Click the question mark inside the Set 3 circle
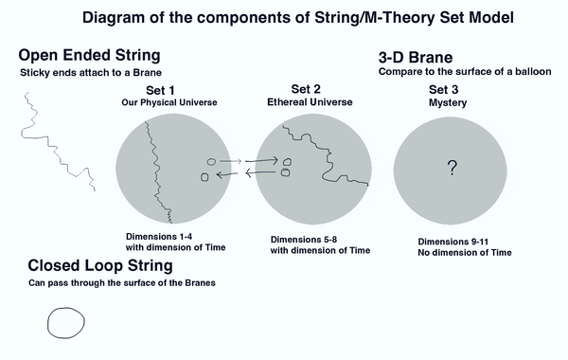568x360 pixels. pyautogui.click(x=453, y=168)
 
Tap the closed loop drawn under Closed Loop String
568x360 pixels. pyautogui.click(x=48, y=323)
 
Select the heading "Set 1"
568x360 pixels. pyautogui.click(x=160, y=90)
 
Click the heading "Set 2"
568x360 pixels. pyautogui.click(x=306, y=89)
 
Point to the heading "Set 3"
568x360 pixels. pyautogui.click(x=443, y=90)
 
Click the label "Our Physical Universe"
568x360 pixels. pyautogui.click(x=169, y=102)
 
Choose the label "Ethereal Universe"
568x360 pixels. pyautogui.click(x=310, y=102)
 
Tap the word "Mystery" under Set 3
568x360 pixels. pyautogui.click(x=448, y=103)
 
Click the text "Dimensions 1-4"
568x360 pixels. pyautogui.click(x=159, y=237)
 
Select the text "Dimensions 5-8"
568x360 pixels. pyautogui.click(x=304, y=240)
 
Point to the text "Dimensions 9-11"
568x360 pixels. pyautogui.click(x=453, y=242)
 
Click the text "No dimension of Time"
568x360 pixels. pyautogui.click(x=465, y=253)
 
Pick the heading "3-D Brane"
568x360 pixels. pyautogui.click(x=416, y=58)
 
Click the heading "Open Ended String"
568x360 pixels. pyautogui.click(x=90, y=56)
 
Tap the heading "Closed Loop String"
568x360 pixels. pyautogui.click(x=100, y=266)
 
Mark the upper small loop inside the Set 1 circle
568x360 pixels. pyautogui.click(x=207, y=162)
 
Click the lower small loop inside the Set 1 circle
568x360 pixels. pyautogui.click(x=202, y=177)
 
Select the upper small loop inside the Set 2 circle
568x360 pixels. pyautogui.click(x=284, y=162)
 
